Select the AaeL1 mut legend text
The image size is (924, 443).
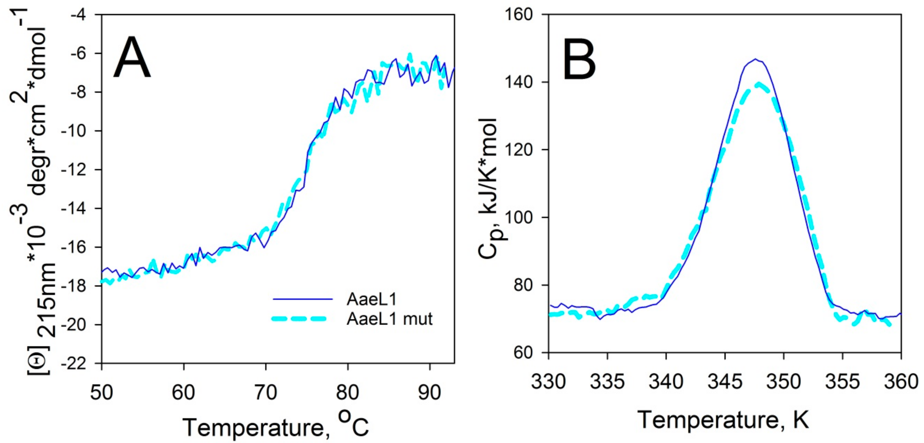(389, 319)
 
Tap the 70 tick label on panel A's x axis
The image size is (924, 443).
(266, 392)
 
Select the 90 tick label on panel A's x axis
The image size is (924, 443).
(429, 392)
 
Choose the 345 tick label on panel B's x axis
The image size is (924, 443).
(725, 382)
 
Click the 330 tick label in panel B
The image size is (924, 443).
(548, 382)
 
